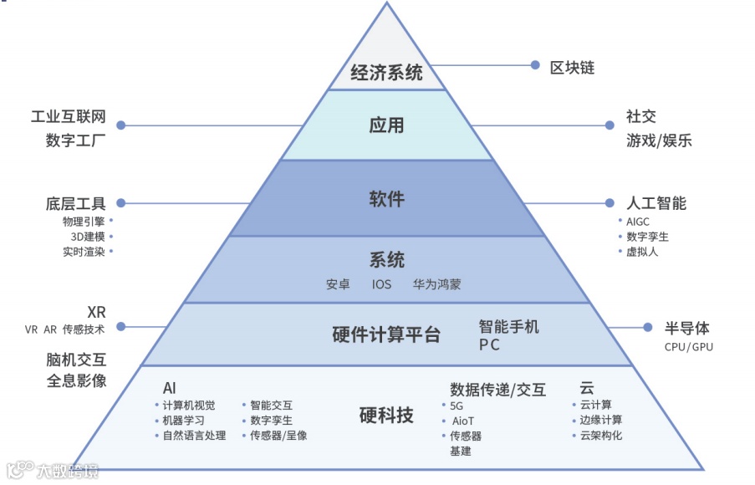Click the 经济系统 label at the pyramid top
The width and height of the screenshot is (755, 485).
(386, 73)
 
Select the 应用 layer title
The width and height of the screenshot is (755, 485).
(386, 125)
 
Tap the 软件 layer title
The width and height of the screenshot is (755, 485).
(386, 199)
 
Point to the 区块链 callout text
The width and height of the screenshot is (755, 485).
(572, 67)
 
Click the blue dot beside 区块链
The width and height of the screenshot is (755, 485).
(535, 64)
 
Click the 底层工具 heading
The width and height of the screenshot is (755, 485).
(76, 203)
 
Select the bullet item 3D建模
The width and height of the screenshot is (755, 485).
(87, 237)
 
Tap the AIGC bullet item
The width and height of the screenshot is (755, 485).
(638, 222)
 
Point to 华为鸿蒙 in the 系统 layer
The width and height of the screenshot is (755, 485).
(436, 284)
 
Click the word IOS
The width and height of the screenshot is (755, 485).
(381, 284)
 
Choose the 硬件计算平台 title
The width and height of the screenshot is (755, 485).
(386, 335)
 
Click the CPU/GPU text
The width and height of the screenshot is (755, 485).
(688, 346)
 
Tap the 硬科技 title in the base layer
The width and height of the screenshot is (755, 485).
(386, 415)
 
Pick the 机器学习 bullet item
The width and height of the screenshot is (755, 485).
(183, 421)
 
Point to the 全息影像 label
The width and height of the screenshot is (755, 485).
(76, 380)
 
